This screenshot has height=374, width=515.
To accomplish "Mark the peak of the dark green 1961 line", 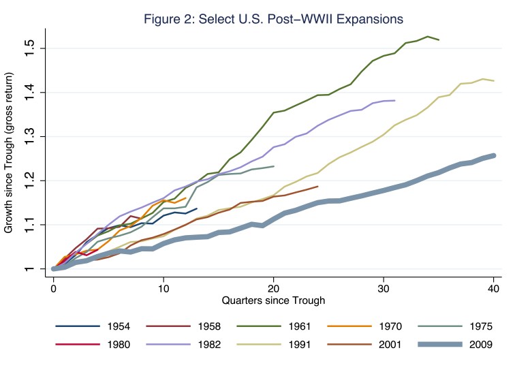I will point(427,36).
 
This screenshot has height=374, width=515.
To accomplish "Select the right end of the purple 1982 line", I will point(394,100).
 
